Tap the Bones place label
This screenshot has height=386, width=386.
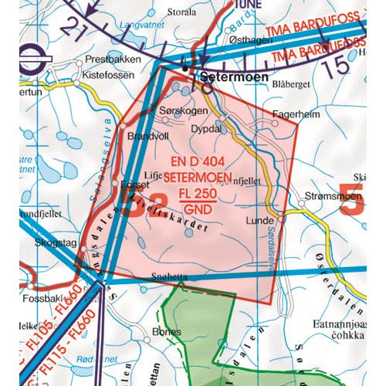point(167,331)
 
